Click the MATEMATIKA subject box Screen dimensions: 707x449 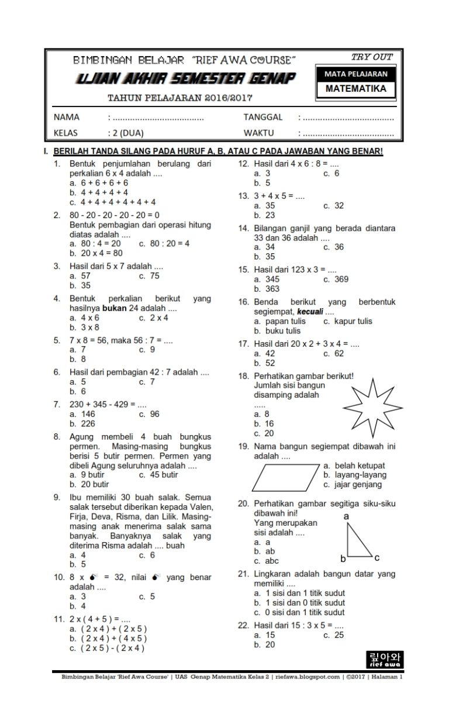(x=355, y=89)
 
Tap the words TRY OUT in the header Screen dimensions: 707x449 (x=372, y=57)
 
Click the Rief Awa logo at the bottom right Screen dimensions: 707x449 (x=383, y=659)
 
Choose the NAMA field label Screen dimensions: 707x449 (x=66, y=117)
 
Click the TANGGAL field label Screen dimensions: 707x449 (x=263, y=117)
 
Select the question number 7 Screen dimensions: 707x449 (x=57, y=404)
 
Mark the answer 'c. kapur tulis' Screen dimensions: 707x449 (x=347, y=321)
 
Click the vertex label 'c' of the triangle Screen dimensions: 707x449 (x=377, y=557)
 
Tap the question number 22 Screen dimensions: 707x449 (x=243, y=625)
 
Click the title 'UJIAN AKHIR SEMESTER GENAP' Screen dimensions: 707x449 (x=185, y=79)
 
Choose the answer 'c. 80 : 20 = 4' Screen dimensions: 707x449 (x=164, y=243)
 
